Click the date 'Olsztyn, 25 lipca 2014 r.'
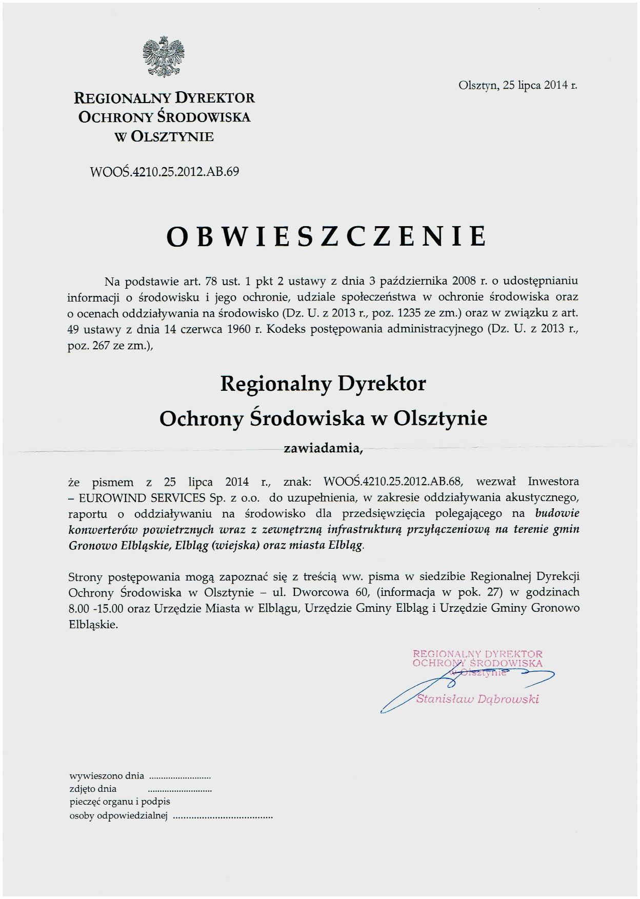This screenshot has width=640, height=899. (x=517, y=86)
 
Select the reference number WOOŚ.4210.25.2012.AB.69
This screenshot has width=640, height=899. (x=164, y=171)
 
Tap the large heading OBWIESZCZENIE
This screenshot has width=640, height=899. (x=327, y=236)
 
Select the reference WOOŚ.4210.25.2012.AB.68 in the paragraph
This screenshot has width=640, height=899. (x=393, y=482)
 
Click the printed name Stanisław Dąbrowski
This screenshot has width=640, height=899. (x=477, y=698)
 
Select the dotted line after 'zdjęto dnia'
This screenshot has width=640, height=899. (x=180, y=790)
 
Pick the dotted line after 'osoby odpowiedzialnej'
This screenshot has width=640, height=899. (x=223, y=816)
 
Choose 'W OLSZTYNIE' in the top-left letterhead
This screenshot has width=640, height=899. (x=164, y=137)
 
